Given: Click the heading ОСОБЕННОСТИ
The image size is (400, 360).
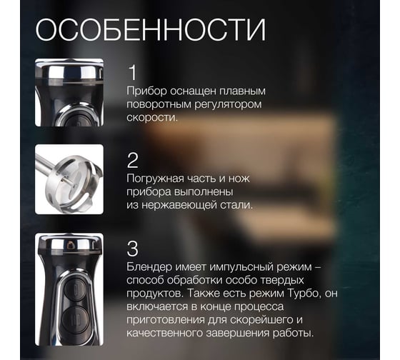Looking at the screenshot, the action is (x=151, y=30).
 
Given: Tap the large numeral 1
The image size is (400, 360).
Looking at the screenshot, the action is (x=133, y=72).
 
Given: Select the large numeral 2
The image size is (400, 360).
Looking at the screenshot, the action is (x=133, y=160).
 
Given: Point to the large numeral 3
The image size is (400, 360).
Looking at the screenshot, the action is (x=133, y=249).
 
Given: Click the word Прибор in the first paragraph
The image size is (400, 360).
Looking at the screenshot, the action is (x=146, y=91).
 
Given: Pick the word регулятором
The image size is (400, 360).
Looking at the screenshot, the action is (x=228, y=104).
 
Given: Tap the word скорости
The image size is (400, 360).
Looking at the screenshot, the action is (x=152, y=118).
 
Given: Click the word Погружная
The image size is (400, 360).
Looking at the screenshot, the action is (x=155, y=179).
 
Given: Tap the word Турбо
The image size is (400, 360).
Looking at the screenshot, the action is (x=304, y=294).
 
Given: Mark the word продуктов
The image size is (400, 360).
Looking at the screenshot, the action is (x=155, y=294).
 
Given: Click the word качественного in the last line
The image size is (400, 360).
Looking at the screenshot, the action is (x=165, y=333).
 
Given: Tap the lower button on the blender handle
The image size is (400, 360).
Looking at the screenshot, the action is (x=74, y=319).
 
